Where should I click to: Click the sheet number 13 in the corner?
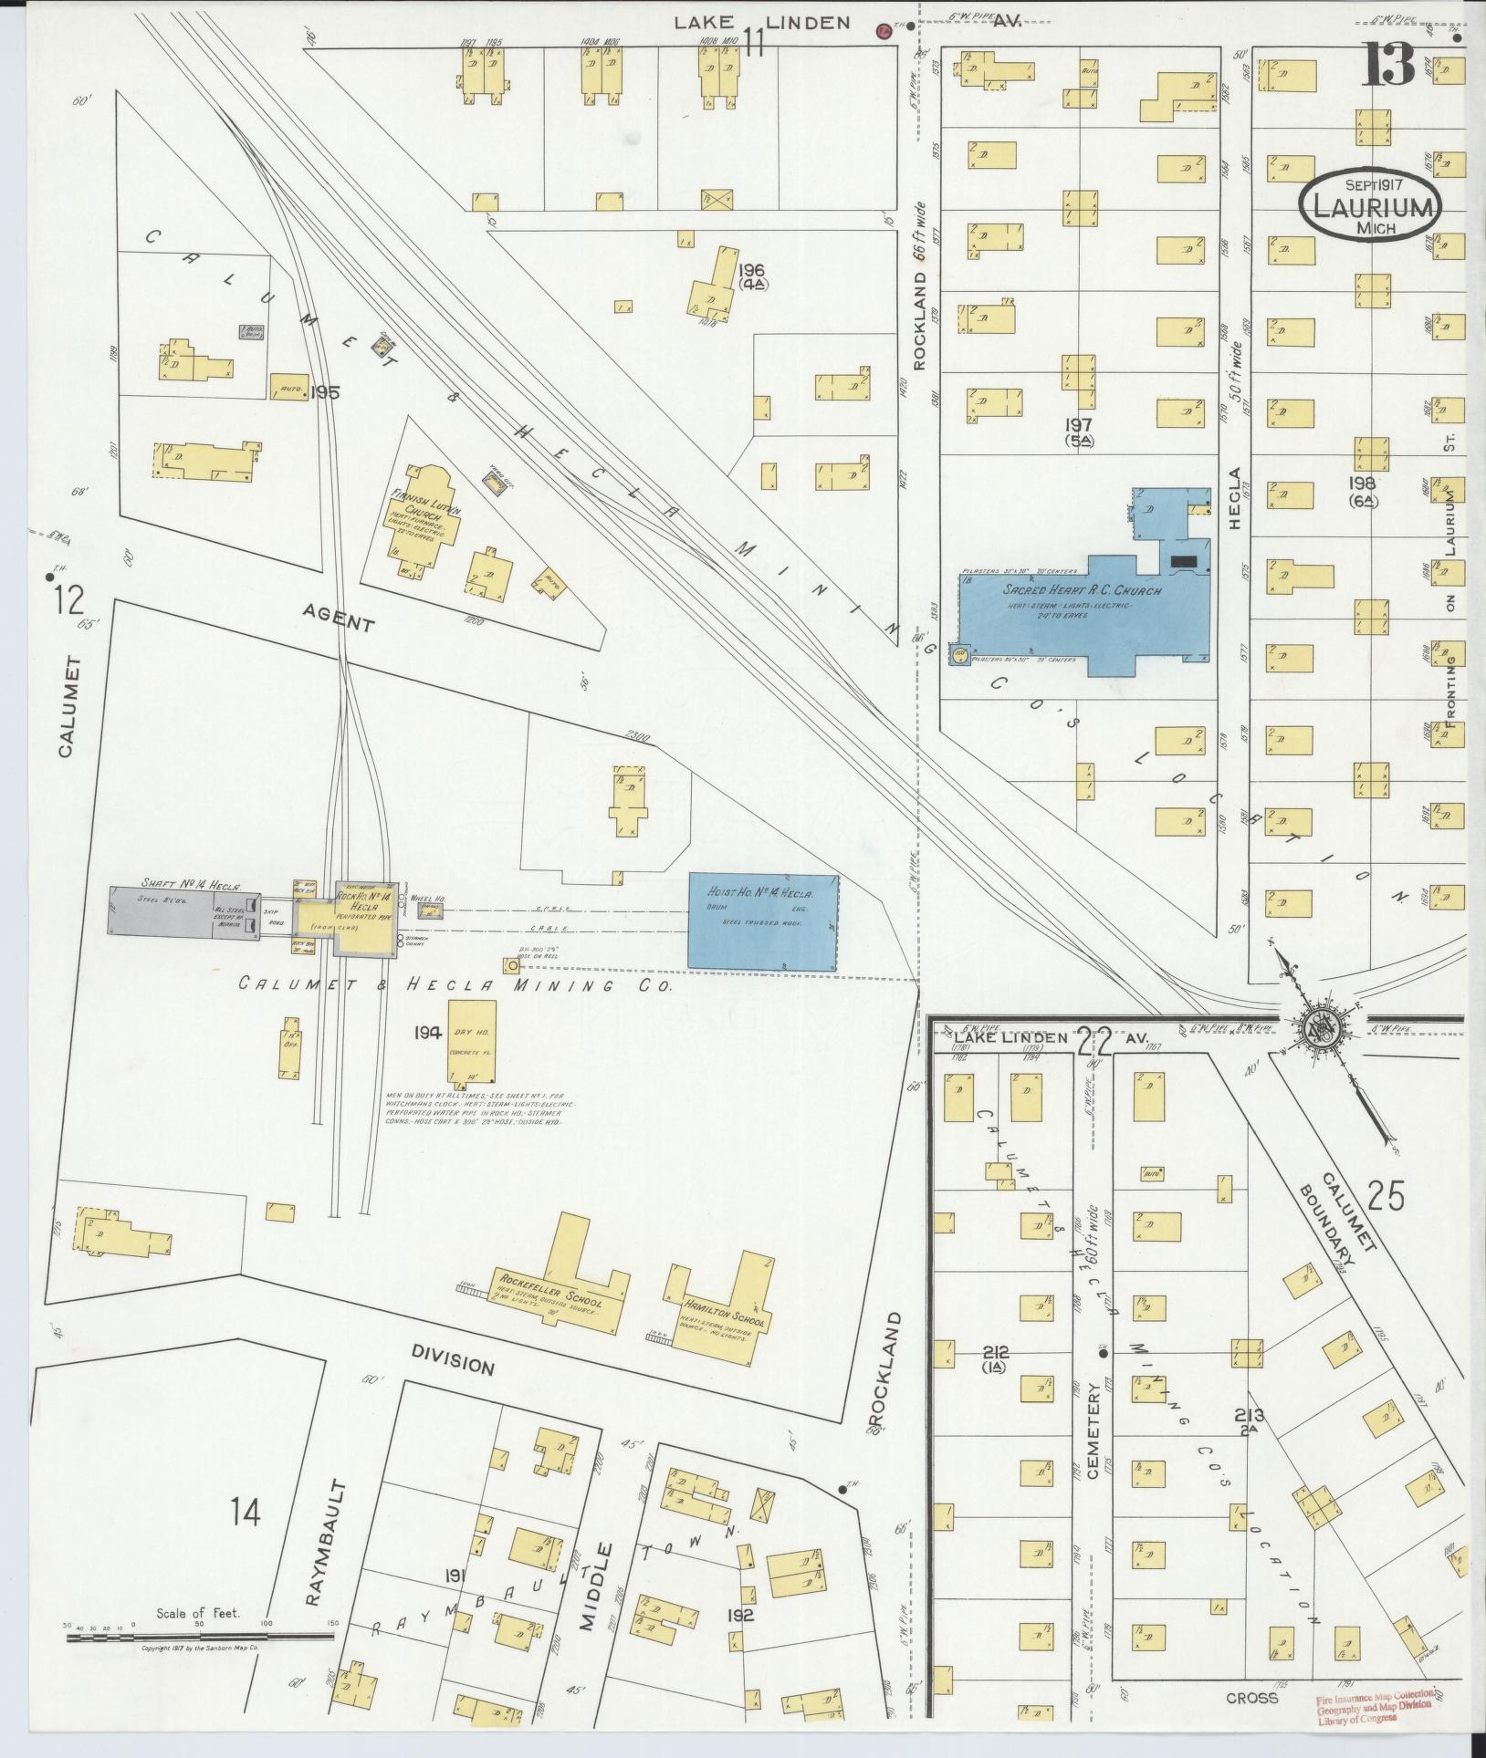pos(1389,63)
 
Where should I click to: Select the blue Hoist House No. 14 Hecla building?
pos(762,922)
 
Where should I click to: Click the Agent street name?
pos(340,624)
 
